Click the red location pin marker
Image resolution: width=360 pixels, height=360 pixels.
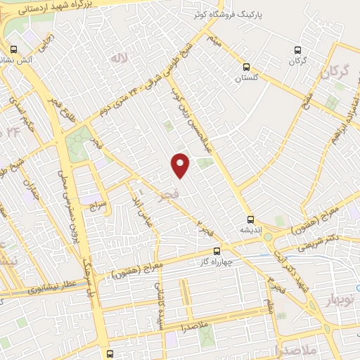click(181, 165)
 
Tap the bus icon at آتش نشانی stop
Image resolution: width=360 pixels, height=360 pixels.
click(14, 49)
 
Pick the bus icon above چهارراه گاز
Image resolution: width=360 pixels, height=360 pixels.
click(216, 250)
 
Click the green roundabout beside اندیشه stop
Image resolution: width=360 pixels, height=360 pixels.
click(267, 237)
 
